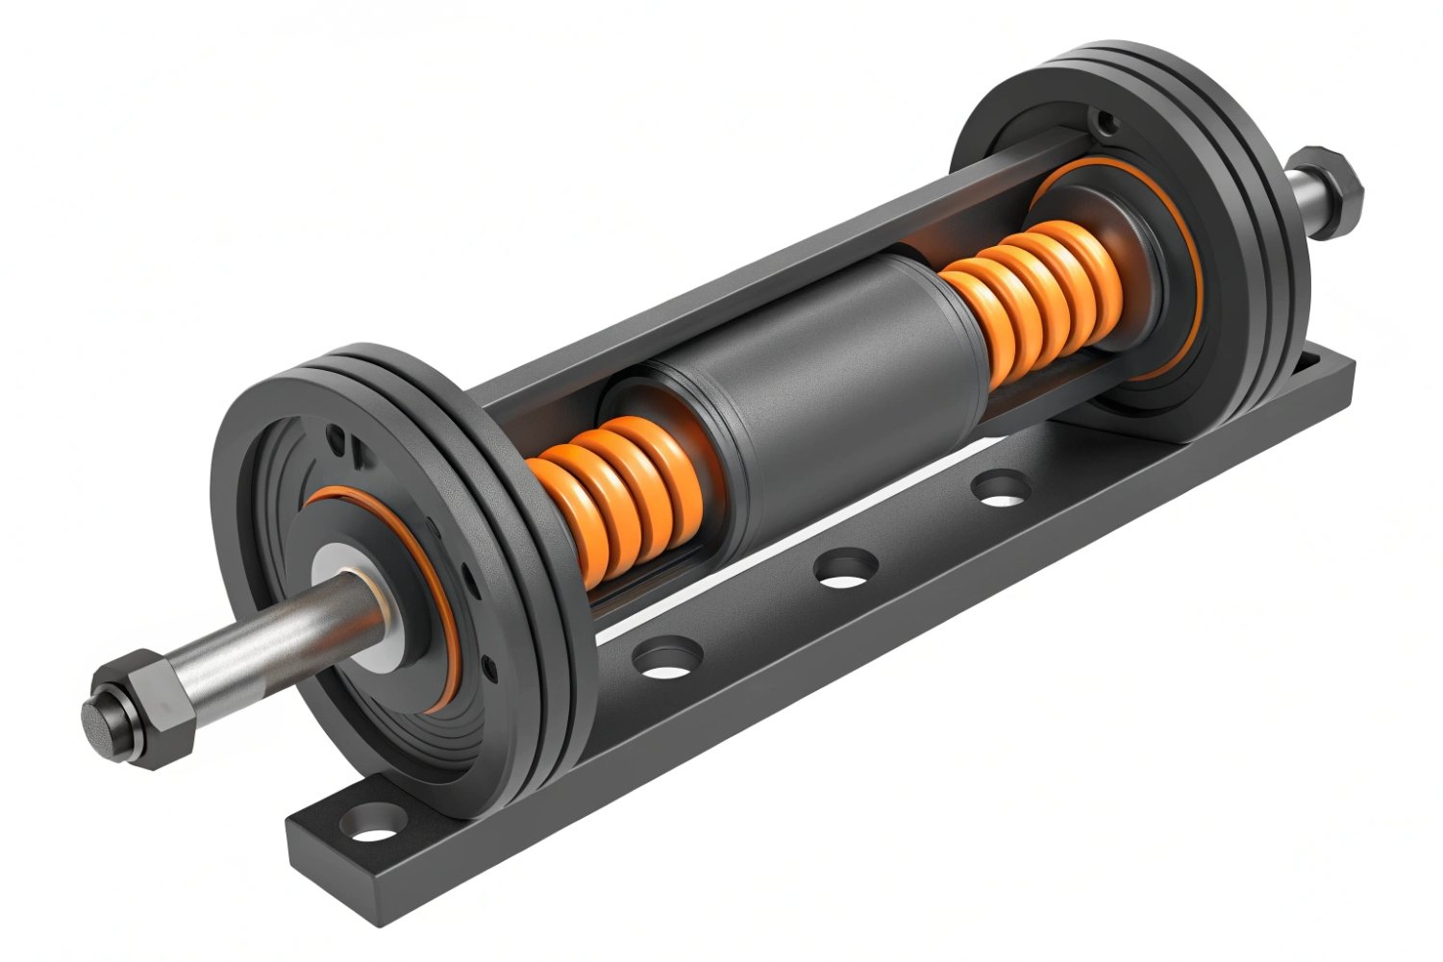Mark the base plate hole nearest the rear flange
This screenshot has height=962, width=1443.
1001,487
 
